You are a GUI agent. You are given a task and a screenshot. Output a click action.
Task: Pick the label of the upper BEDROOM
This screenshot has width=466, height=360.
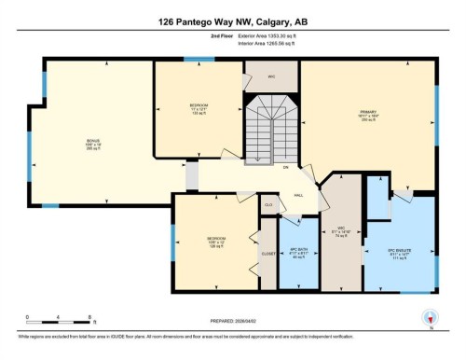click(x=197, y=108)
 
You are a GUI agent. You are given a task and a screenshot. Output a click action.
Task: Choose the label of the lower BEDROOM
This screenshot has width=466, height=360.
click(x=215, y=242)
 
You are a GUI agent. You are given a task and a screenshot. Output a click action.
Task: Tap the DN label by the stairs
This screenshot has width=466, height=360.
click(x=286, y=167)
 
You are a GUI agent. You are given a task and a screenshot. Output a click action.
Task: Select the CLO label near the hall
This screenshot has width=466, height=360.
click(x=267, y=204)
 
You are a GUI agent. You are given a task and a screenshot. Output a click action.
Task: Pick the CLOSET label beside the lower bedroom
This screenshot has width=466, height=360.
click(x=268, y=252)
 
